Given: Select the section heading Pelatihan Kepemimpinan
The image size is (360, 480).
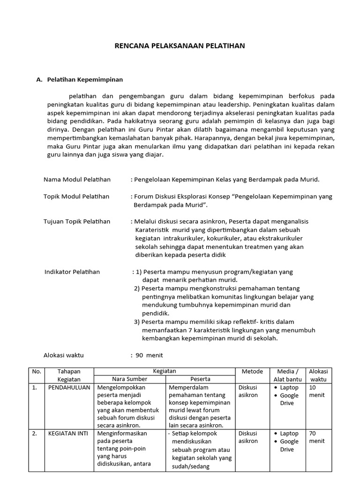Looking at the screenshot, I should (x=85, y=80).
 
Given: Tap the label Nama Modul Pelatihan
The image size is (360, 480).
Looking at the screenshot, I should (x=77, y=179).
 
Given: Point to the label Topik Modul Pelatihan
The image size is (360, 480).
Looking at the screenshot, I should (x=76, y=196).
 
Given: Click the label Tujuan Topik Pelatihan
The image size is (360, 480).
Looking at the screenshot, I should (x=77, y=221).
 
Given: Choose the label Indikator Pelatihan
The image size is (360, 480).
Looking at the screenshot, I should (x=72, y=271).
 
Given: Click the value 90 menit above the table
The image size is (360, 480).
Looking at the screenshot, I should (x=149, y=355).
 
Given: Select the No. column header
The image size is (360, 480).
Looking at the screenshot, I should (x=37, y=371).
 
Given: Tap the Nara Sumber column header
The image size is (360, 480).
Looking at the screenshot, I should (x=130, y=379).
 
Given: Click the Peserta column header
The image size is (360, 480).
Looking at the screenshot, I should (x=200, y=379).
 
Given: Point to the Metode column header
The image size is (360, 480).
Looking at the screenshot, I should (x=252, y=371).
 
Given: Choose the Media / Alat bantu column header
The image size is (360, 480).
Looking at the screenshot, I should (x=288, y=375).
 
